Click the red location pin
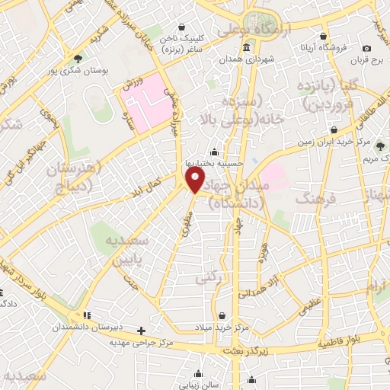click(196, 181)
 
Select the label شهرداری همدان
click(246, 59)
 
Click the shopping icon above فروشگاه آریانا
click(323, 36)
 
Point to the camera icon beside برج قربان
click(367, 49)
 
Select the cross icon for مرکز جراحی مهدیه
click(141, 331)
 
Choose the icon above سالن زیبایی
click(198, 374)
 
